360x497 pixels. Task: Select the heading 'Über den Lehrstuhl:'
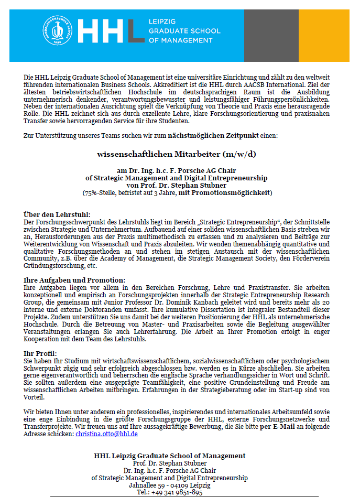[x=57, y=214]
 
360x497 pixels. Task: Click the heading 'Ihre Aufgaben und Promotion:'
[x=74, y=280]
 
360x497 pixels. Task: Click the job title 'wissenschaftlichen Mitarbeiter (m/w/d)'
[x=177, y=154]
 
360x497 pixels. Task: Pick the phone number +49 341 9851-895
[x=177, y=493]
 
